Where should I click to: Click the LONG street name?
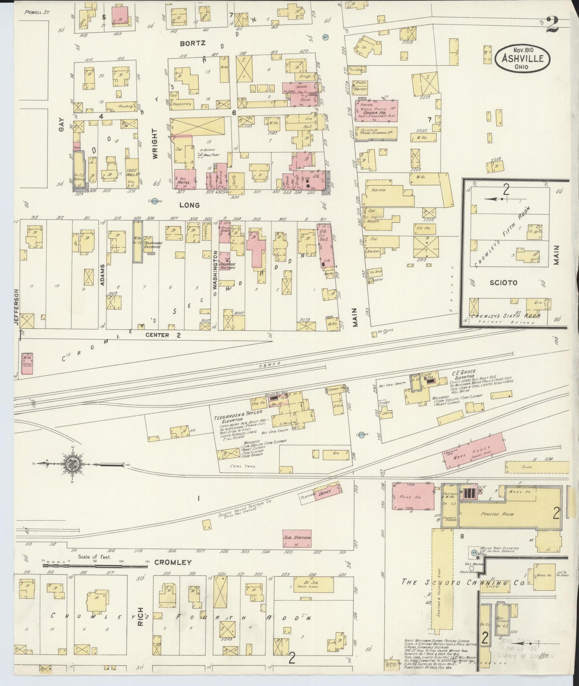pos(189,205)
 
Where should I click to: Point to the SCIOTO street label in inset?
pos(504,282)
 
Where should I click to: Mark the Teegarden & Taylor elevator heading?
pos(238,413)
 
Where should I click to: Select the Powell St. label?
pos(36,12)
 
